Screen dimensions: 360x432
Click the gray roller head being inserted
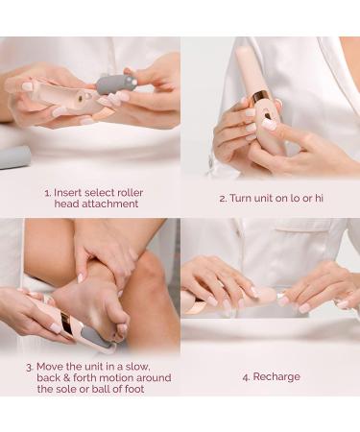coord(116,84)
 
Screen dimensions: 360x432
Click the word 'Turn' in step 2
coord(241,198)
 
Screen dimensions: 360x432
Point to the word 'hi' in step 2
coord(319,198)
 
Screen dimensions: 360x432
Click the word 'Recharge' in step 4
coord(276,376)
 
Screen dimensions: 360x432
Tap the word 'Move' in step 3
coord(49,367)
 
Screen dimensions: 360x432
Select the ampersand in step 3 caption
coord(66,378)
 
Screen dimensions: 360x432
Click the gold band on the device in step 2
coord(259,95)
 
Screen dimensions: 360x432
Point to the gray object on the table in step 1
coord(15,157)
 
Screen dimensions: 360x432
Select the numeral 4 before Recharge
coord(246,377)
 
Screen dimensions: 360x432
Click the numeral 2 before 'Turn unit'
coord(223,199)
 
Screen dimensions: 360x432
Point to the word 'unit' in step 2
coord(263,198)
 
